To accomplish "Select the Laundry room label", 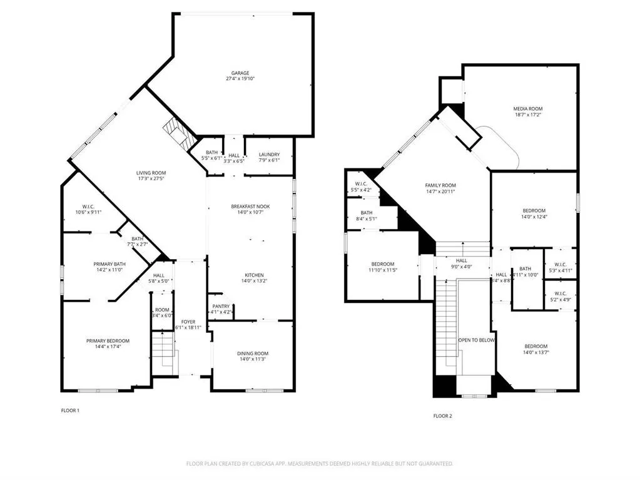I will click(269, 155).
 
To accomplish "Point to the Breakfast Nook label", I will click(250, 207).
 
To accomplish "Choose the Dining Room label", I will click(252, 354).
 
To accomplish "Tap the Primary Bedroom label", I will click(108, 341).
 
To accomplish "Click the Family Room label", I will click(440, 185).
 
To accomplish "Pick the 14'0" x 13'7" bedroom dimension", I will click(536, 352).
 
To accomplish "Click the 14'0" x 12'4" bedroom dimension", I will click(534, 217).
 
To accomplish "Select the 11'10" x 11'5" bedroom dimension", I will click(382, 270).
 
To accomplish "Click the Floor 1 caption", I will click(70, 411).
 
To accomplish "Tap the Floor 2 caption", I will click(442, 416).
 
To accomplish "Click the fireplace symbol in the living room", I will click(175, 133).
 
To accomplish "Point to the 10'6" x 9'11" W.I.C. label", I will click(88, 212).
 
